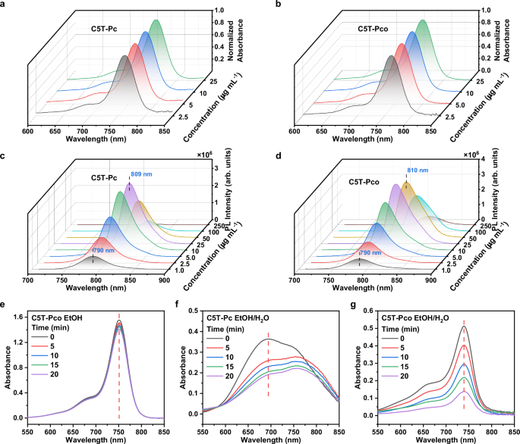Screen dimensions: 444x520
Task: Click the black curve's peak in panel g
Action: pyautogui.click(x=463, y=327)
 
